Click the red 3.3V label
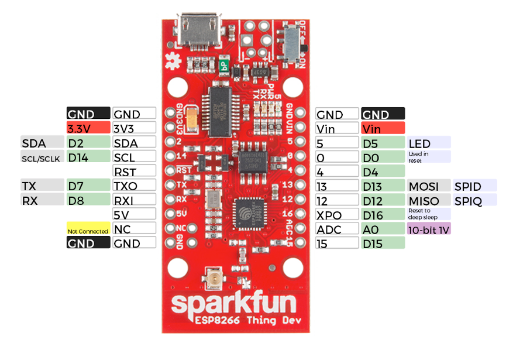coord(88,128)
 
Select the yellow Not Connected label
coord(88,231)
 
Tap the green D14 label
coord(88,157)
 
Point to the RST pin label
coord(134,172)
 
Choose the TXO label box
coord(134,186)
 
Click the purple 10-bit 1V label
coord(429,230)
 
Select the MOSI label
coord(429,187)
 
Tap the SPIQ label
coord(474,201)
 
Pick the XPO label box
coord(337,215)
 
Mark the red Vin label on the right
coord(383,128)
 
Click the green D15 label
coord(383,244)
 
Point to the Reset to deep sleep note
coord(429,214)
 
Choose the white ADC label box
coord(337,230)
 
